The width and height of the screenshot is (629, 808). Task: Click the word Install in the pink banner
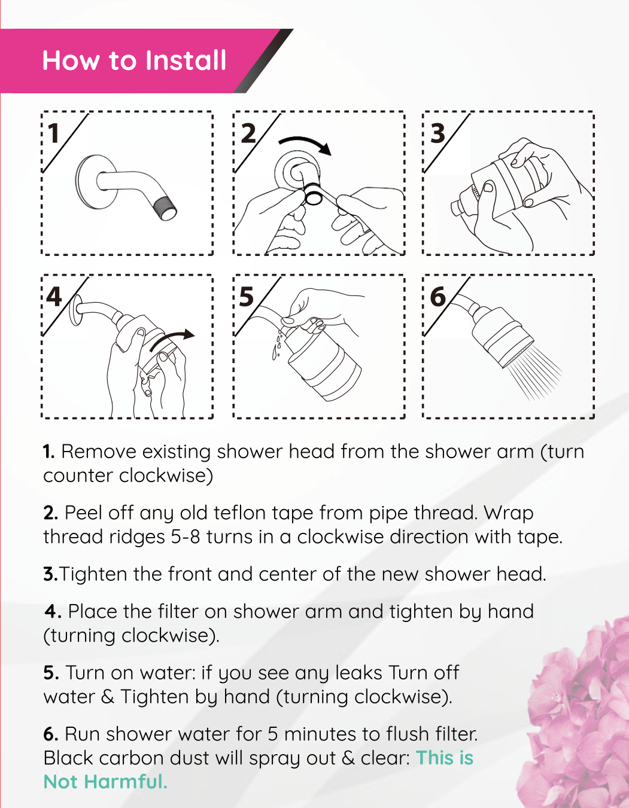[186, 60]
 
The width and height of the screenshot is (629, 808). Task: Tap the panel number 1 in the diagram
[54, 133]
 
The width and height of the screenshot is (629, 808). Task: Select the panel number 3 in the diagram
[437, 133]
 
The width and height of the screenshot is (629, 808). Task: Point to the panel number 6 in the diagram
[438, 297]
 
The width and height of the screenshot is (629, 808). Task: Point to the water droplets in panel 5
[278, 346]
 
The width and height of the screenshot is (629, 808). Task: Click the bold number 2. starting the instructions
[51, 513]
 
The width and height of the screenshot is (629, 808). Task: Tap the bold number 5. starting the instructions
[51, 673]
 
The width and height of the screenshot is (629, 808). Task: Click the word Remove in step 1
[99, 452]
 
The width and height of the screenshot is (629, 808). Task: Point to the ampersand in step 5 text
[107, 697]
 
